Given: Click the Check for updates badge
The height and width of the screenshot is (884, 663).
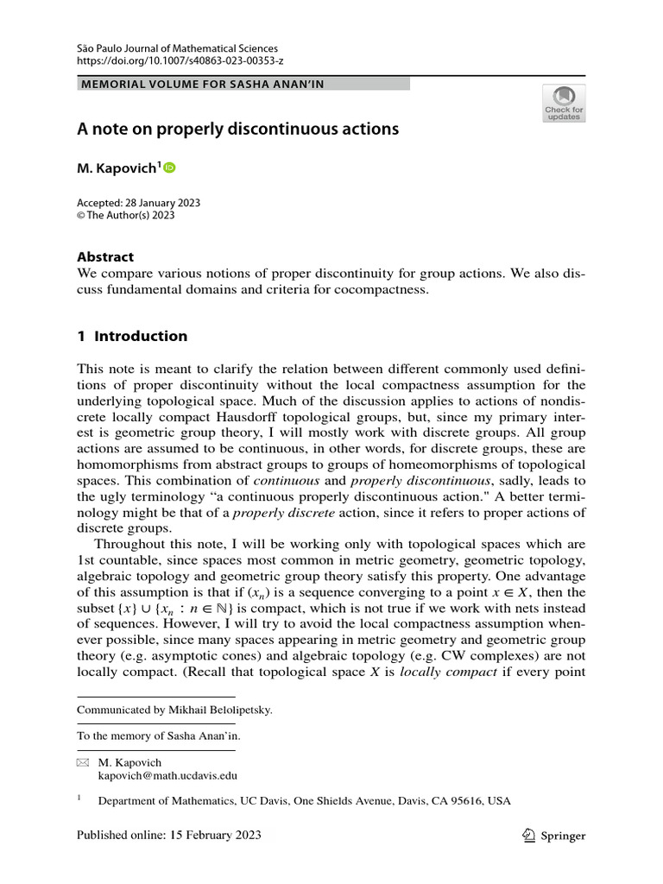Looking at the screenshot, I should click(564, 104).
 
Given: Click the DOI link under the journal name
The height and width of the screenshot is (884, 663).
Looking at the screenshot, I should click(180, 62).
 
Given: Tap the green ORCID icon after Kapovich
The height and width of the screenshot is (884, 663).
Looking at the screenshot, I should click(169, 167).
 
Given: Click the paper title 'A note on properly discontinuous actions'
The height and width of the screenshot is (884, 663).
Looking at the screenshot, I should click(237, 129).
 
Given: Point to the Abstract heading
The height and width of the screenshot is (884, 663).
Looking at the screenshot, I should click(106, 256).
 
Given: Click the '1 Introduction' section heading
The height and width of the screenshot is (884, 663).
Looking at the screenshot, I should click(132, 336).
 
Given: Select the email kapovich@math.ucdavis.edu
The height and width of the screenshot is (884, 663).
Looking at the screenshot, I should click(168, 777).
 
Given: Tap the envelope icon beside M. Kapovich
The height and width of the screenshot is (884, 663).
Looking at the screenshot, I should click(83, 763).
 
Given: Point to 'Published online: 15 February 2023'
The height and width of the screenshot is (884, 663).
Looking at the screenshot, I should click(169, 836).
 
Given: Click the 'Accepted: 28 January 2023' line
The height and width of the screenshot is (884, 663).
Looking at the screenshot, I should click(139, 202).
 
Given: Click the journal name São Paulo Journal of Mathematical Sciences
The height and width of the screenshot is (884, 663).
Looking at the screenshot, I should click(177, 48).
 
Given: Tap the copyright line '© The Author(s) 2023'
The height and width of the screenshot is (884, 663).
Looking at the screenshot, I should click(126, 215).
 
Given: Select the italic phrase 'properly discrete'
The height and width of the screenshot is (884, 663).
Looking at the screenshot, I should click(277, 512).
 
